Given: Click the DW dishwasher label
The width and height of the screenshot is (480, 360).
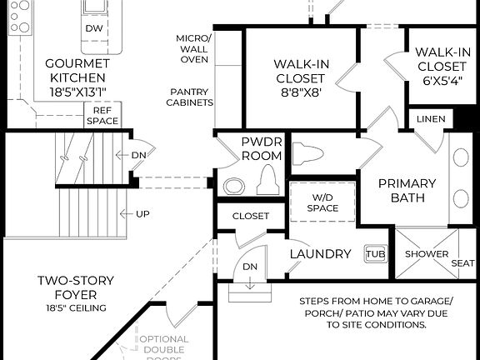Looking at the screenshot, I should tap(94, 27).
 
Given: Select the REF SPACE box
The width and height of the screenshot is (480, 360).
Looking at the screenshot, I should tap(102, 115).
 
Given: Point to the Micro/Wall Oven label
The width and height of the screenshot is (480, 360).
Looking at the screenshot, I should tap(194, 48).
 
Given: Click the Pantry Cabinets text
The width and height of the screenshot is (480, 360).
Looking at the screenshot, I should tap(192, 97).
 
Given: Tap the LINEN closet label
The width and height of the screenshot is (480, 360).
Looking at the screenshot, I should tap(430, 119).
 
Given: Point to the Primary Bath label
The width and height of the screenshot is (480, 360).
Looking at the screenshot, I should tap(407, 190).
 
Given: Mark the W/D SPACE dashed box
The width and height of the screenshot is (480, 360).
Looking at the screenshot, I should tap(322, 202).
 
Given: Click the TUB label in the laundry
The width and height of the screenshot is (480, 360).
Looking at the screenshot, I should tap(375, 253).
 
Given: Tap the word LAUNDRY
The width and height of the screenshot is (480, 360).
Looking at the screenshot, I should tap(320, 253).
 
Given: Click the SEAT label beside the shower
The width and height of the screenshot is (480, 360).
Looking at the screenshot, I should tap(464, 262).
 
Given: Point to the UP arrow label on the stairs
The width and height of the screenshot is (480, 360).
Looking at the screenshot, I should tap(142, 214).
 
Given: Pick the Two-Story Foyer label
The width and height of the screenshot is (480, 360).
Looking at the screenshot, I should tap(76, 287).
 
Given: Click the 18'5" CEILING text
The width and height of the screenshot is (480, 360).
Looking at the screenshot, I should tap(76, 308).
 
